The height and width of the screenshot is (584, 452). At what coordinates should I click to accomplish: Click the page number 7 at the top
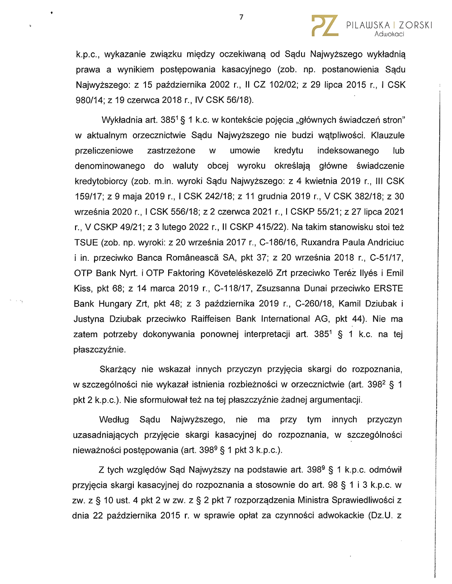[x=241, y=17]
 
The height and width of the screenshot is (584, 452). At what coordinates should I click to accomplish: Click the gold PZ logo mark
[x=325, y=26]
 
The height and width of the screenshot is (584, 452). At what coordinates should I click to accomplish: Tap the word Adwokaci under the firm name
[x=389, y=34]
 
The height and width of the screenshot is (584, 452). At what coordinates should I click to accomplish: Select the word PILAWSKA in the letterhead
[x=368, y=25]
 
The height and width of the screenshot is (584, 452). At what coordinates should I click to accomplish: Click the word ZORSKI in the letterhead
[x=415, y=25]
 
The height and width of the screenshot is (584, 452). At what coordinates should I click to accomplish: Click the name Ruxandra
[x=320, y=242]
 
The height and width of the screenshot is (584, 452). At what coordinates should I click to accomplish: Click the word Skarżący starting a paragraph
[x=118, y=369]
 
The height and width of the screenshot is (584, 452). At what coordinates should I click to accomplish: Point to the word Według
[x=114, y=420]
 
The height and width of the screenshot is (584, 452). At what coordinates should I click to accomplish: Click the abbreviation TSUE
[x=86, y=242]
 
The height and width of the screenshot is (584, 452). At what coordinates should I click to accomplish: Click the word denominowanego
[x=110, y=166]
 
